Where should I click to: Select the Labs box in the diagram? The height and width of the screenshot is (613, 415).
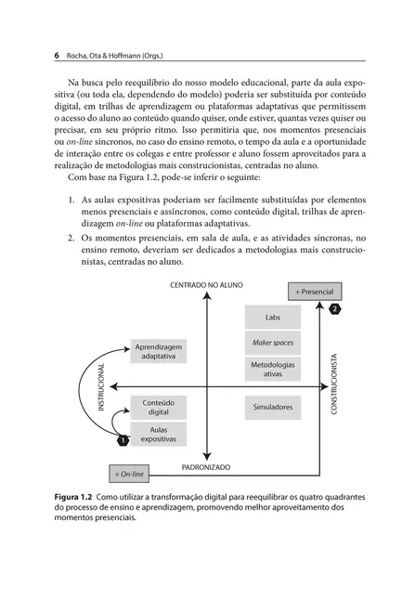272,317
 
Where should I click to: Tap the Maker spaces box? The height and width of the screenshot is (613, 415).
272,343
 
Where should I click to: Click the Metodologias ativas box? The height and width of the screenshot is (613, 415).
272,369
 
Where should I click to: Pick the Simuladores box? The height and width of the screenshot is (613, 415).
272,407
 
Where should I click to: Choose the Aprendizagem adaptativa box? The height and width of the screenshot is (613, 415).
160,350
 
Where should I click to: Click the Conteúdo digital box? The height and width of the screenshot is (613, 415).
160,407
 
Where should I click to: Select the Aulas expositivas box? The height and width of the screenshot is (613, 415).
160,435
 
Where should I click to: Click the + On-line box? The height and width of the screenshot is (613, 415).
129,474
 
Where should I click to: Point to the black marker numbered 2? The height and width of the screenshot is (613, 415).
335,307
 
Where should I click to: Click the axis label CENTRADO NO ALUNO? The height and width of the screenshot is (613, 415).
206,285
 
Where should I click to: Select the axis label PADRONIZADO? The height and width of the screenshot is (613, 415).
206,467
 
